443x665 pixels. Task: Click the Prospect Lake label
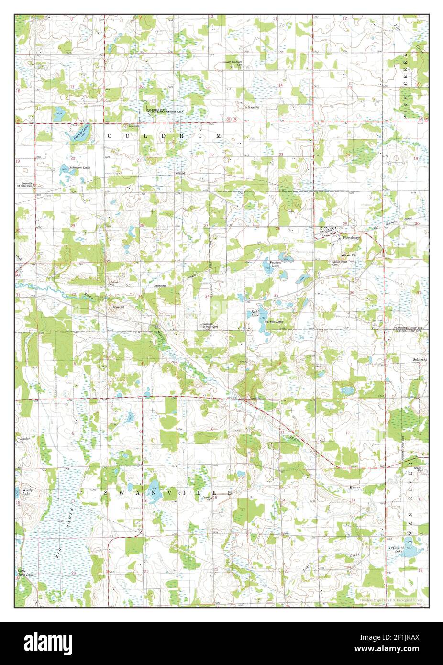point(275,264)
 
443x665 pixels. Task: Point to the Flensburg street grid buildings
point(328,232)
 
